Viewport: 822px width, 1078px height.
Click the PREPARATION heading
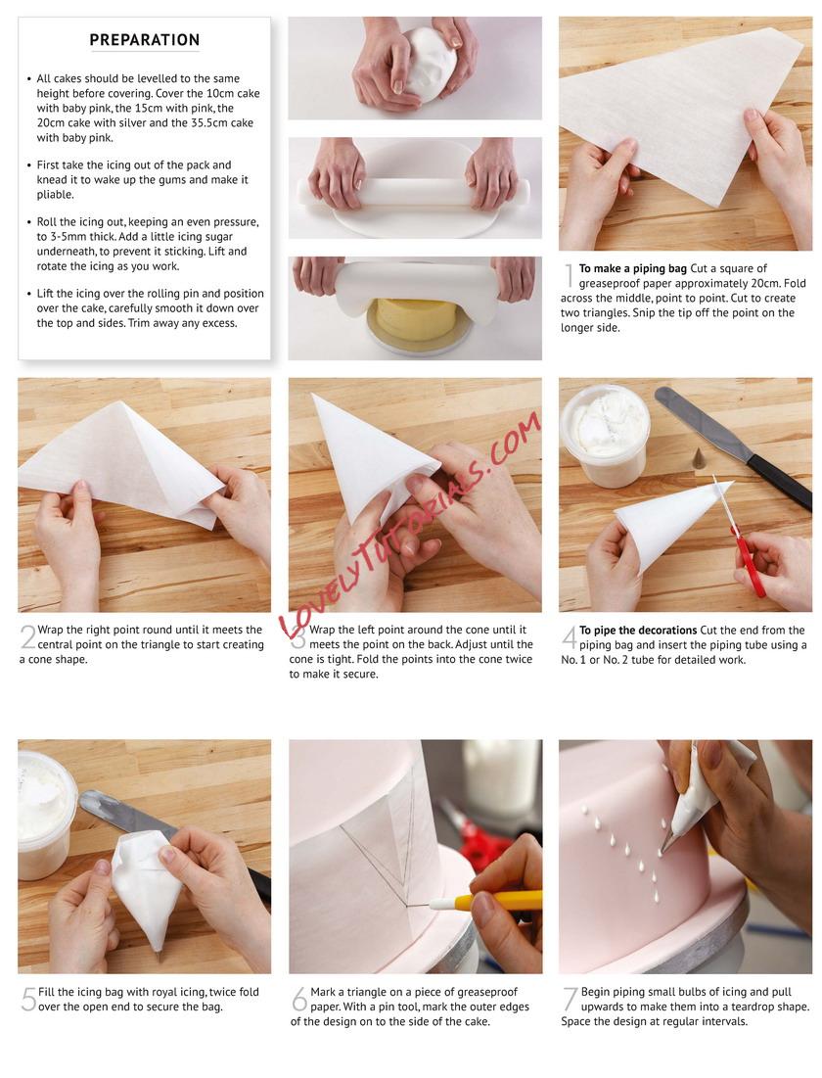pos(144,40)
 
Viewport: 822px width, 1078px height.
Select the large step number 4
pos(570,637)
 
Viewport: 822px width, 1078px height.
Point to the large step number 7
pos(571,999)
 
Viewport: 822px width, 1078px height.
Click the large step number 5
pos(28,999)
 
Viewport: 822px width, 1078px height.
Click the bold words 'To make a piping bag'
pos(632,268)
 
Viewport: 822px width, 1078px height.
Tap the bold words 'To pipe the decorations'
pos(638,630)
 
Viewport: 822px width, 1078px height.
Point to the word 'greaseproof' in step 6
pos(487,992)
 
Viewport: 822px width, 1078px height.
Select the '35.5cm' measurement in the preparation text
pos(211,122)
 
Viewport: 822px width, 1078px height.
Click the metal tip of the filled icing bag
pos(159,956)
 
